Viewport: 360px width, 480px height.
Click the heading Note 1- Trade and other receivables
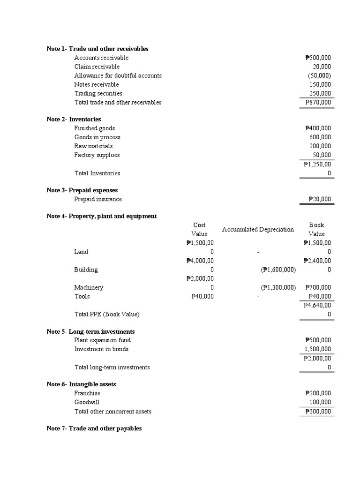[97, 49]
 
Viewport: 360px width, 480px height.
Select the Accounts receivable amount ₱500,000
[318, 58]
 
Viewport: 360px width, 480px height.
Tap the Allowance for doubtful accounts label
[118, 75]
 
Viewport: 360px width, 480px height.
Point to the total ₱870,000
[318, 102]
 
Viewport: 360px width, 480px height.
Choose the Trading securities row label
[98, 93]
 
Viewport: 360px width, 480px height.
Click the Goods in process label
[97, 137]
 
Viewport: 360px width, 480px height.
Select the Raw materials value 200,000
[320, 146]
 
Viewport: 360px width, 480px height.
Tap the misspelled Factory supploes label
[97, 155]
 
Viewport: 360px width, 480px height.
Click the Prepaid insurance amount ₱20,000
[320, 199]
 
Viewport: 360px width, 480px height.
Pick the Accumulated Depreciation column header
[258, 229]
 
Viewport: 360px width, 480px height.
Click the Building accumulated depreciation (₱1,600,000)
[278, 270]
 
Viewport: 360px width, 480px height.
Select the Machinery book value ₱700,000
[318, 287]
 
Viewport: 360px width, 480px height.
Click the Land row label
[81, 252]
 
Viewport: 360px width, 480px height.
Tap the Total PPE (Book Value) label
[107, 314]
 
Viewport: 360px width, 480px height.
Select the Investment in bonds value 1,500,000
[318, 349]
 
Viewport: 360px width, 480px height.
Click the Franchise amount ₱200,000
[318, 393]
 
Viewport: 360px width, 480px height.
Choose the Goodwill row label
[87, 402]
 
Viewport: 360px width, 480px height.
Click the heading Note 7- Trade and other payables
[94, 428]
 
